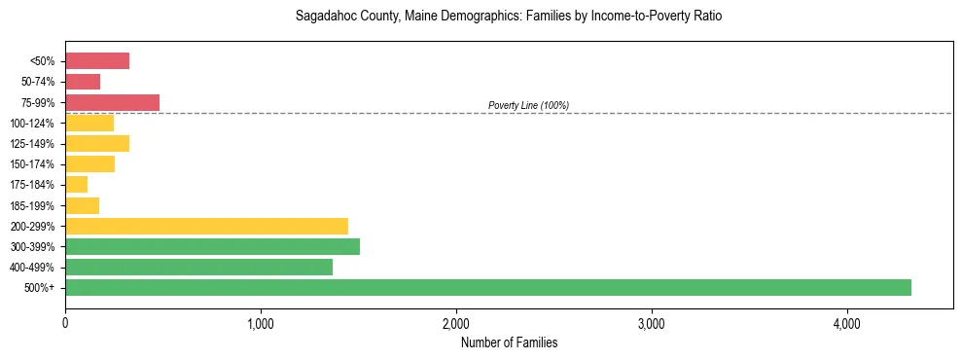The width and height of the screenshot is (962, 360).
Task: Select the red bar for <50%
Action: (97, 61)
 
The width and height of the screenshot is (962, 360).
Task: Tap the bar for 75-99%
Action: (112, 102)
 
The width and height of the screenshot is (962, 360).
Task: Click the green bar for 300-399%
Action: (212, 246)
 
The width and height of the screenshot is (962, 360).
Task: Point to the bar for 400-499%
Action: (198, 268)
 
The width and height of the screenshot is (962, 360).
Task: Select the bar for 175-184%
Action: (77, 185)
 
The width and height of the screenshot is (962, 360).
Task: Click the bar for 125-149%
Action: (97, 144)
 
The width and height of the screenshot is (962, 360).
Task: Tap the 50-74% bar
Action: (83, 82)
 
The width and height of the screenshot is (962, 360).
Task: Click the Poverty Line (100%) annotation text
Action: (528, 105)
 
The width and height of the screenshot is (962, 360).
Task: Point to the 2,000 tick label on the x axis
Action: (456, 324)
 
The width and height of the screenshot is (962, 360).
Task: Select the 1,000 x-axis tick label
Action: (261, 324)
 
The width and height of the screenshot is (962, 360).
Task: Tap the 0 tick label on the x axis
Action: (65, 324)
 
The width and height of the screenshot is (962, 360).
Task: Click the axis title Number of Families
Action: (509, 342)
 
